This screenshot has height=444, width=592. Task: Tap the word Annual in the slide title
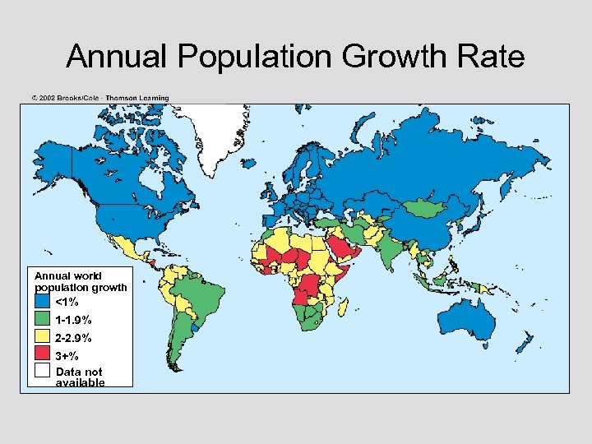(118, 57)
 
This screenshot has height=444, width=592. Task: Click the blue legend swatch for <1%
(43, 302)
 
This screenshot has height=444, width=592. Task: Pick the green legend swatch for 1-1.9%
(43, 320)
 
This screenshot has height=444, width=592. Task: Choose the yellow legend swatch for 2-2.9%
(43, 338)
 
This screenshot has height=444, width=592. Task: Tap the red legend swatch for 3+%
(43, 356)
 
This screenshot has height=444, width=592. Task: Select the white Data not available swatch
(43, 373)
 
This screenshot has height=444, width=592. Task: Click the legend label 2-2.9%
(73, 338)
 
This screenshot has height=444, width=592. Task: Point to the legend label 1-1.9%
(73, 320)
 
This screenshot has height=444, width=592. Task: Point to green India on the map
(391, 251)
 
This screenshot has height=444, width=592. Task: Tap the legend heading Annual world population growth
(81, 281)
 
